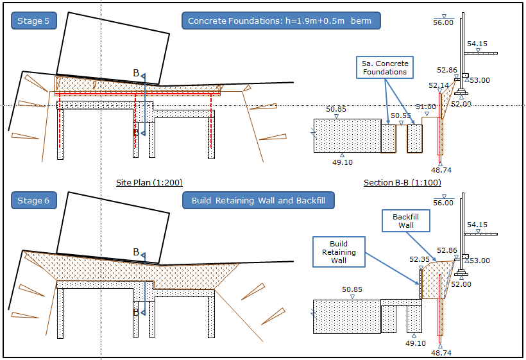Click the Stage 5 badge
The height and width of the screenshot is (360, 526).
click(33, 21)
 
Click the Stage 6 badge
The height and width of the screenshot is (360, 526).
click(33, 201)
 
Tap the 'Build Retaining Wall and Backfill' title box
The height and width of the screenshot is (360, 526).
click(259, 201)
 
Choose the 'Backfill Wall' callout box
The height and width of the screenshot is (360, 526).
click(406, 221)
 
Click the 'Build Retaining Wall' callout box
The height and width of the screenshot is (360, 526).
click(339, 252)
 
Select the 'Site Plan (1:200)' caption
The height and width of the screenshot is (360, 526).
click(143, 183)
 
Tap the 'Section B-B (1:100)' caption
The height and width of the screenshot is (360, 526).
click(402, 183)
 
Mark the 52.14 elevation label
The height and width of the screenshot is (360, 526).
click(439, 85)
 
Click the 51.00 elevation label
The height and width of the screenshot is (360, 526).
click(425, 107)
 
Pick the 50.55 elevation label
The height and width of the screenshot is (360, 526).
click(401, 116)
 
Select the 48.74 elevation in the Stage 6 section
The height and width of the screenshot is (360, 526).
click(441, 352)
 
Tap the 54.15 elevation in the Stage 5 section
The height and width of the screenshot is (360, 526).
click(477, 44)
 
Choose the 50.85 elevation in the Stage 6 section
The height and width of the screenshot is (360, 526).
click(352, 289)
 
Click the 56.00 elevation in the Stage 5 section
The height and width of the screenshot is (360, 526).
click(443, 22)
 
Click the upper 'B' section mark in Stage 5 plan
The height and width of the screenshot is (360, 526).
click(136, 74)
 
